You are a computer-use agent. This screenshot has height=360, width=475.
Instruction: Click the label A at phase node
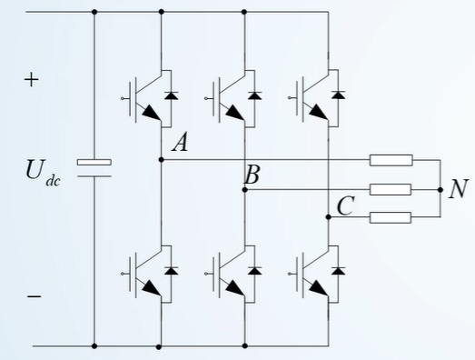(x=179, y=143)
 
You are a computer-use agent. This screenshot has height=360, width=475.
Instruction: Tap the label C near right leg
(x=344, y=206)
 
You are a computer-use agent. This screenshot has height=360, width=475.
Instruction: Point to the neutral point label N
(x=460, y=189)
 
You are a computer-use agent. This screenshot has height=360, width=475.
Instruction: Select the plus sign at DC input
(x=32, y=80)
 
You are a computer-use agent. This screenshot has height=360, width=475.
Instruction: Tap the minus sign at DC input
(x=33, y=296)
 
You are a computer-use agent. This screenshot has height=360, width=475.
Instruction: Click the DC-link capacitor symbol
(x=94, y=166)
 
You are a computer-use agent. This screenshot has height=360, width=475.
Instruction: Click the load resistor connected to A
(x=391, y=160)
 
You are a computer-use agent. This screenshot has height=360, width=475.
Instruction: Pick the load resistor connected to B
(x=391, y=189)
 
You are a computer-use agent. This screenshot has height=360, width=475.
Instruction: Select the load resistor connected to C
(x=391, y=217)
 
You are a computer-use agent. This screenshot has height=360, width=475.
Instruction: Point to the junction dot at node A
(x=161, y=160)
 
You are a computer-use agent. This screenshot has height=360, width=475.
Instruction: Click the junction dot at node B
(x=244, y=189)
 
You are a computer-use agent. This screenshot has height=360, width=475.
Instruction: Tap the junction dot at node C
(x=328, y=217)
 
